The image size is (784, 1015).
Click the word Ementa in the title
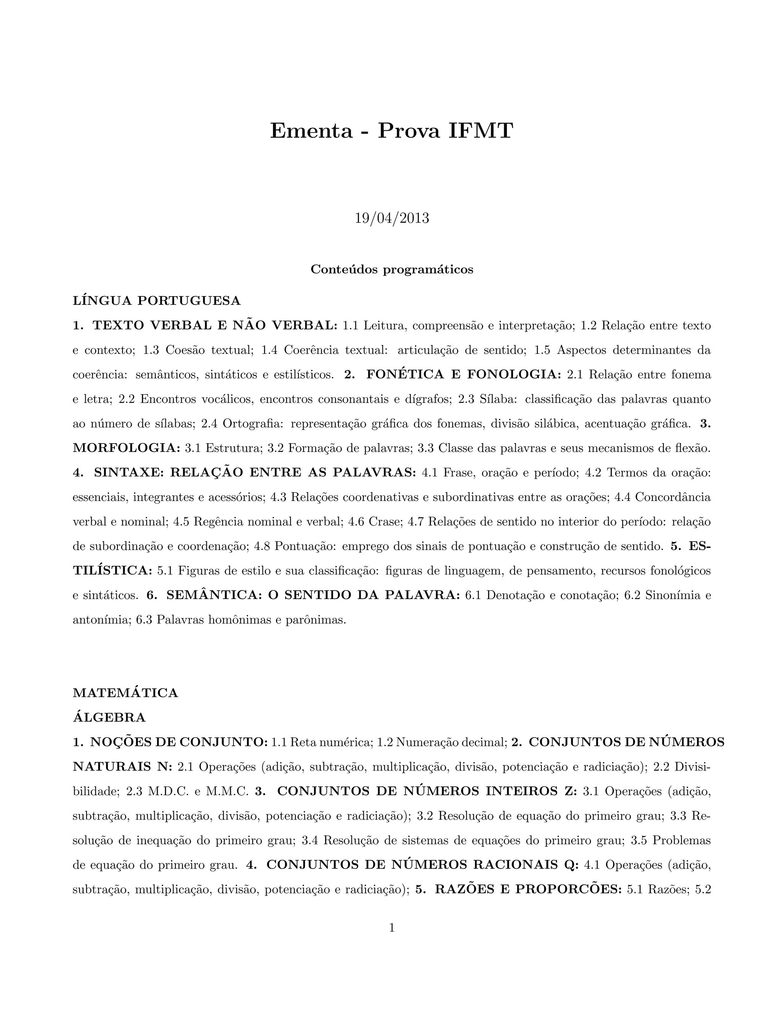[x=311, y=131]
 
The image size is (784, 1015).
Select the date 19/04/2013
[x=392, y=218]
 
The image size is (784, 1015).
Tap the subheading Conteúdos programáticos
[x=392, y=270]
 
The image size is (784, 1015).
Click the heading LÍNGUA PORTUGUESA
[x=157, y=301]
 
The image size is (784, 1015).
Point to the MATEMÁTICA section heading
[x=126, y=693]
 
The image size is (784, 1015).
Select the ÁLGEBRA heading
[x=109, y=717]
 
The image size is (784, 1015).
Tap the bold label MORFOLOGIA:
[x=126, y=448]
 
